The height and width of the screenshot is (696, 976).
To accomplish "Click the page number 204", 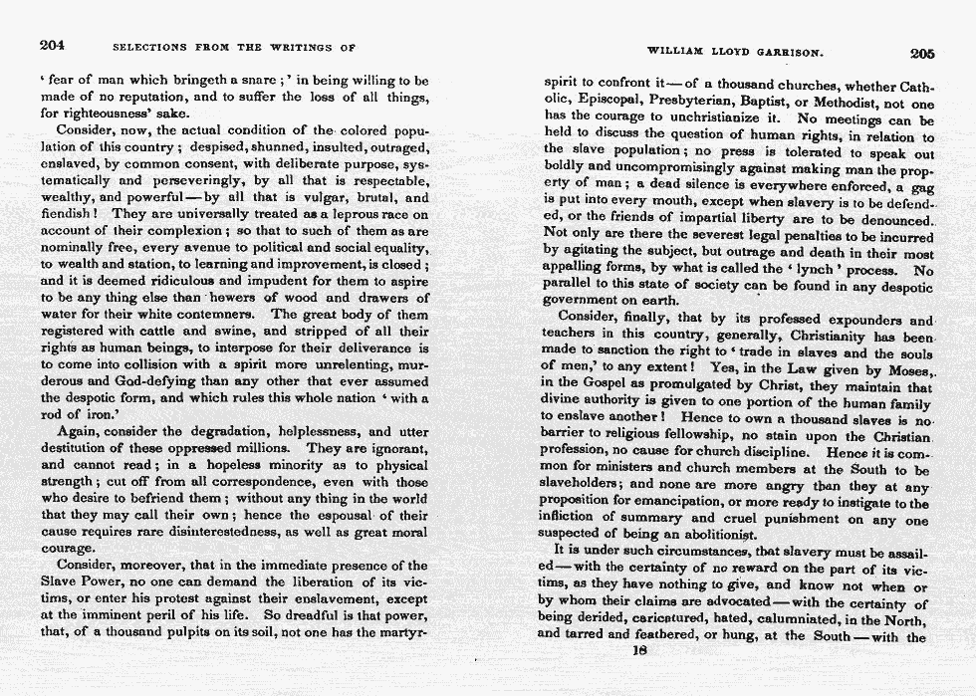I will coord(53,45).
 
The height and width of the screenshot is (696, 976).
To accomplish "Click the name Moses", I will coord(904,370).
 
